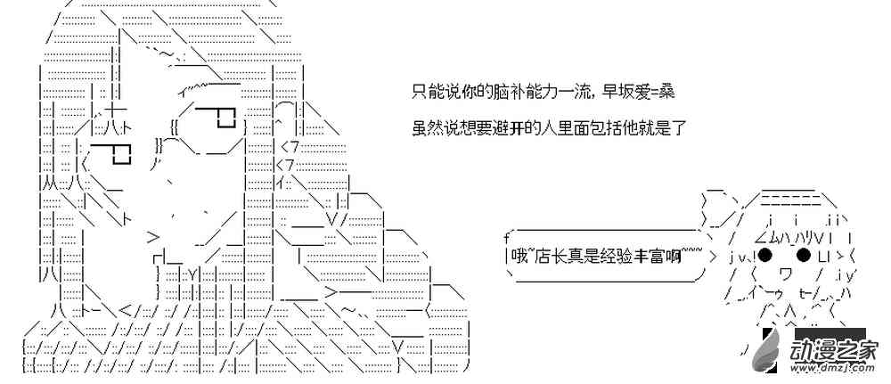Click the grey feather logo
coord(768,351)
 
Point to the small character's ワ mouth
coord(785,274)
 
